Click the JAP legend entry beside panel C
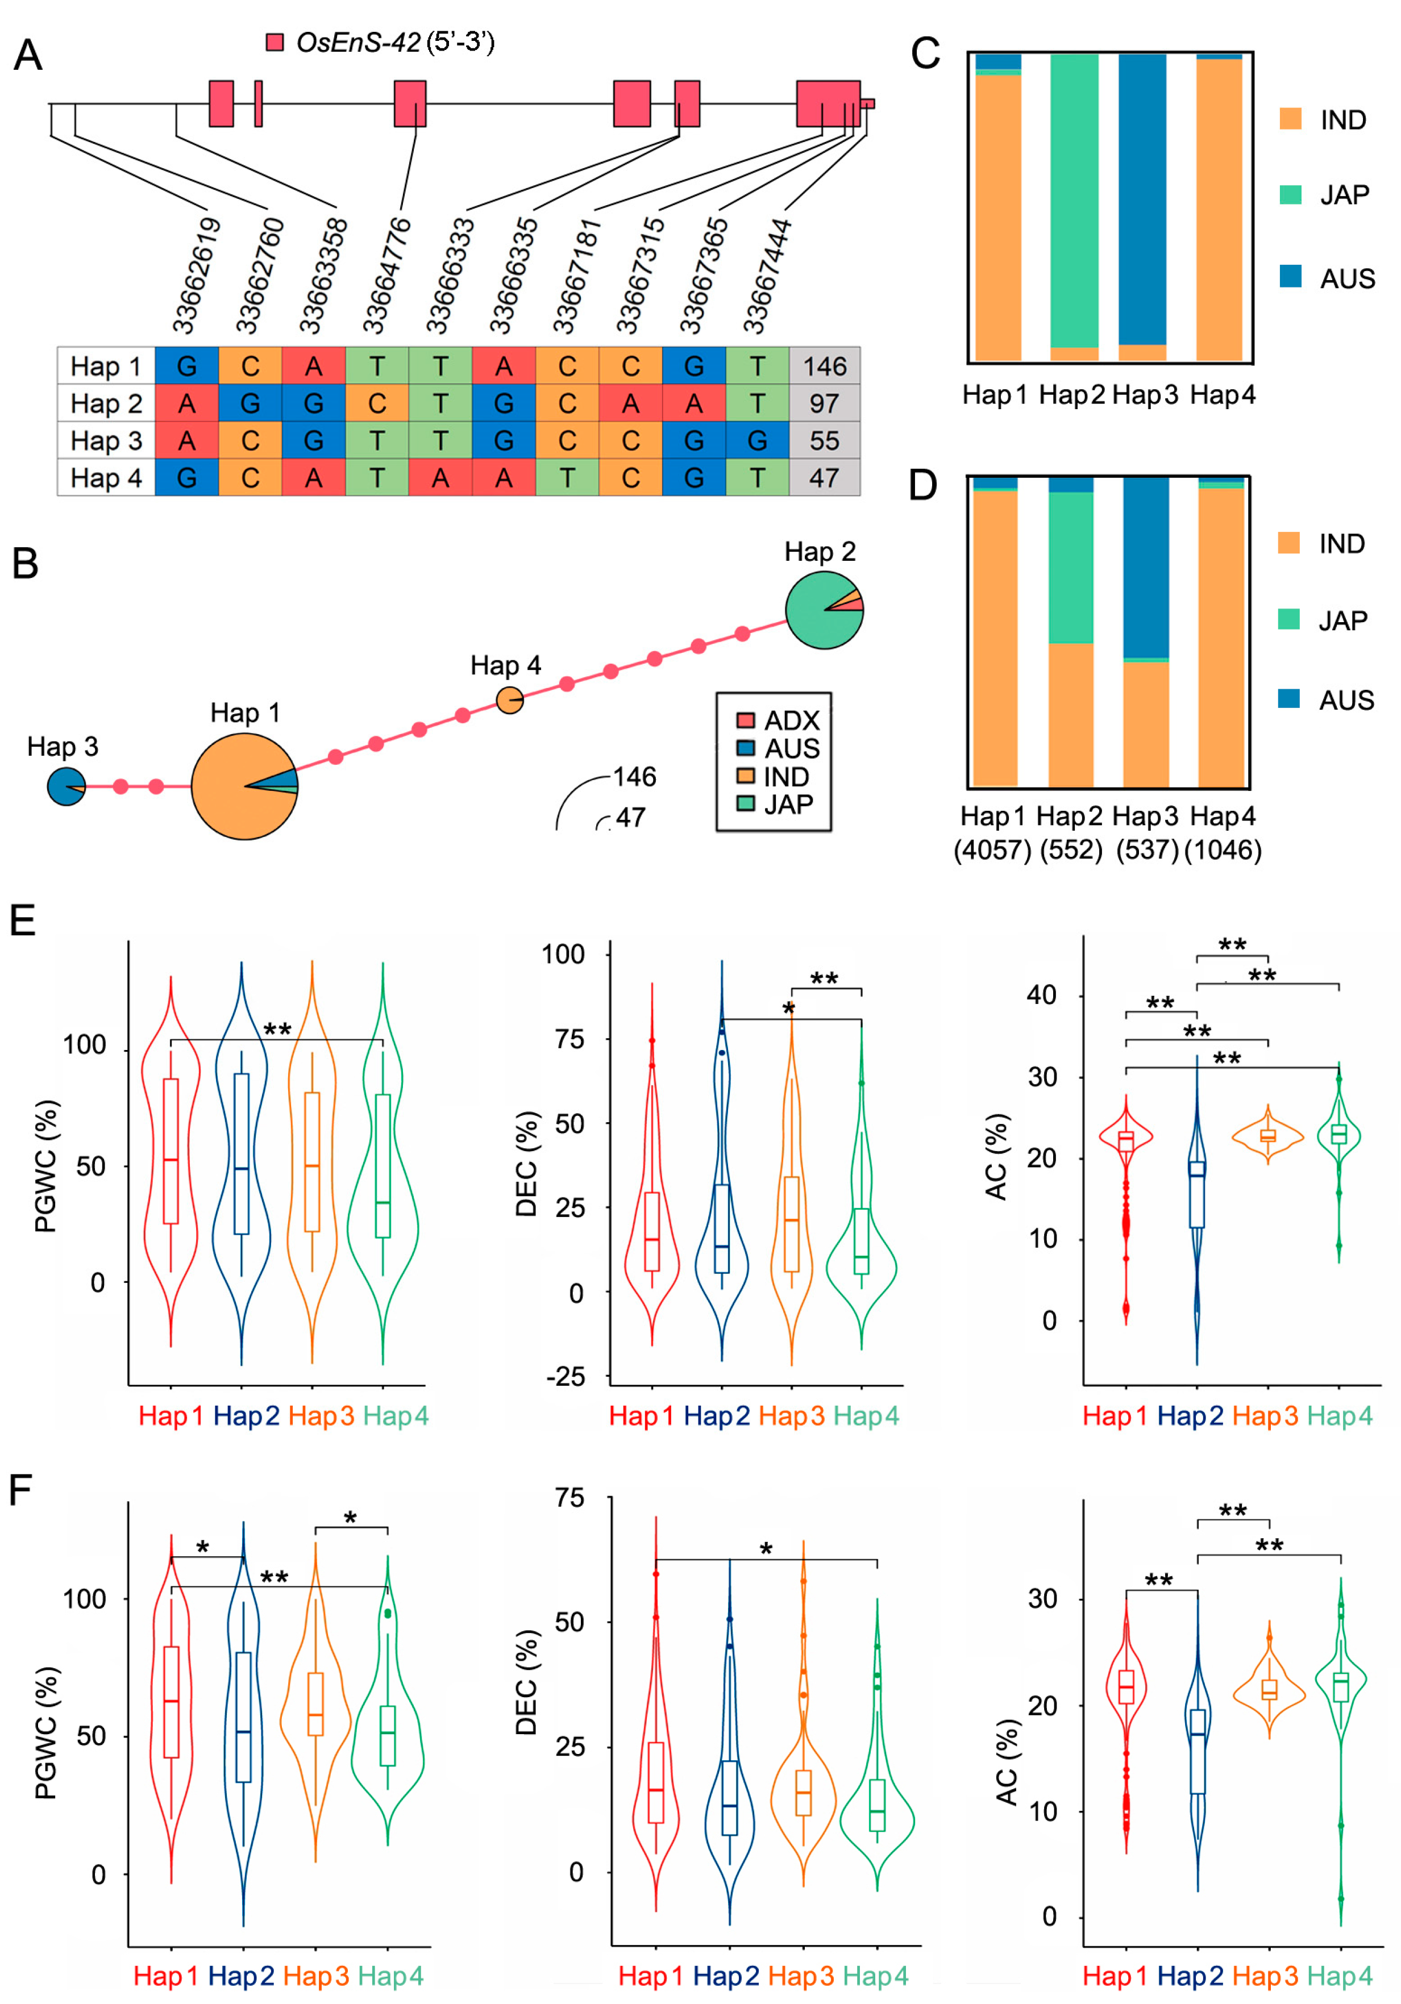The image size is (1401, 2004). coord(1344,195)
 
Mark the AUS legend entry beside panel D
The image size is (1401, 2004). coord(1345,700)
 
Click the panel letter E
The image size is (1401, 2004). coord(23,921)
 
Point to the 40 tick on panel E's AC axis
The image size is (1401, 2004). coord(1041,994)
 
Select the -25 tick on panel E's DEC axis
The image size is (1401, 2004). coord(565,1377)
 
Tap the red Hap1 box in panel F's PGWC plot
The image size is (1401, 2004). coord(171,1702)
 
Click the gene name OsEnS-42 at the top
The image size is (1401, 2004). coord(358,42)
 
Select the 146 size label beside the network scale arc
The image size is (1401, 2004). coord(635,777)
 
